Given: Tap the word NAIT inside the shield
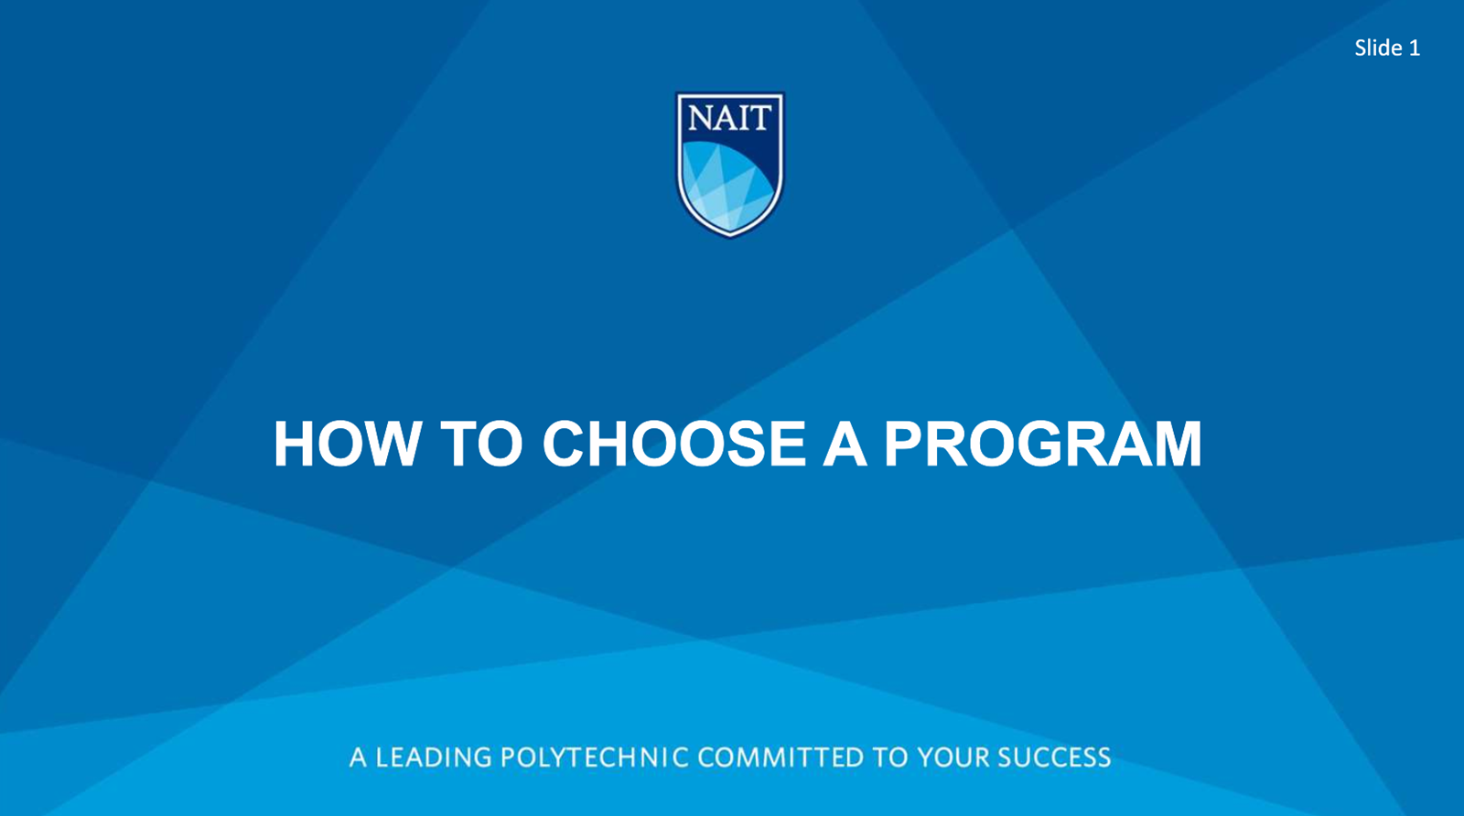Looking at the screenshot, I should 730,117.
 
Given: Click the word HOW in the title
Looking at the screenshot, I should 347,445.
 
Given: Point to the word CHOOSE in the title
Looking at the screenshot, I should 673,445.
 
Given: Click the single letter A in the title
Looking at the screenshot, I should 844,445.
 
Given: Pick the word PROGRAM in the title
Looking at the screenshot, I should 1042,445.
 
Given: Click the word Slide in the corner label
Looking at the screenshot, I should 1378,48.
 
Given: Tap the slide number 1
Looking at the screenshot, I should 1415,48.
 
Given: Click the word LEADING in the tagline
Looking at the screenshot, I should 434,757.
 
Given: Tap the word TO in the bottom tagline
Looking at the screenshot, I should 890,757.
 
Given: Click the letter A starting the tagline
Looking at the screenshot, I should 358,757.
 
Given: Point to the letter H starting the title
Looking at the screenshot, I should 294,445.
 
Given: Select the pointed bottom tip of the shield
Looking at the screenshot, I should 730,235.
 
